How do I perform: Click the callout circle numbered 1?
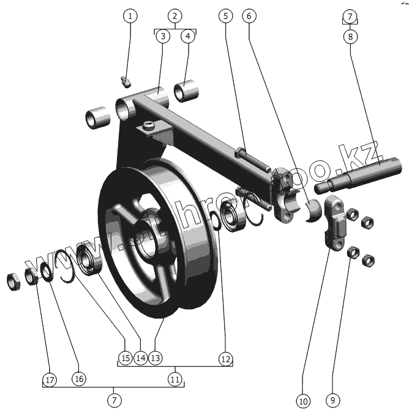(130, 17)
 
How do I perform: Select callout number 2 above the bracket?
(175, 15)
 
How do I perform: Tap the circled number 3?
(162, 37)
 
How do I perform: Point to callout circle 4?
(187, 37)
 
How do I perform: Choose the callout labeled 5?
(225, 17)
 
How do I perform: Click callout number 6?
(249, 17)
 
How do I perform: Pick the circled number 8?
(350, 37)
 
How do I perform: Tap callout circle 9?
(332, 401)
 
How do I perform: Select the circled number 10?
(303, 401)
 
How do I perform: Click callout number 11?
(175, 379)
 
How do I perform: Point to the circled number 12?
(225, 359)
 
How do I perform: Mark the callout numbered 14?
(141, 357)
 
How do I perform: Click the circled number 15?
(126, 357)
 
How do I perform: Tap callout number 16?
(78, 379)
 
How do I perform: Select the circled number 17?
(50, 379)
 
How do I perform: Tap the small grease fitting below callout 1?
(126, 80)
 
